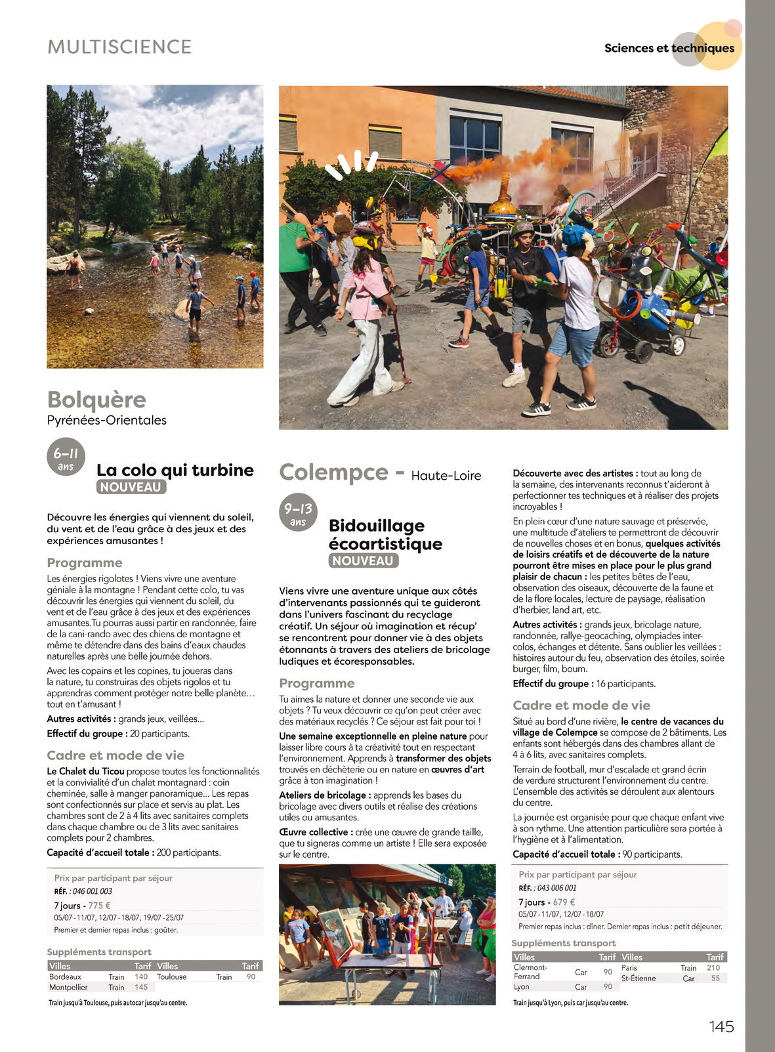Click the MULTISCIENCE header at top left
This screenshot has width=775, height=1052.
(x=119, y=47)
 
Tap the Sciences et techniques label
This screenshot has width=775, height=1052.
(x=669, y=48)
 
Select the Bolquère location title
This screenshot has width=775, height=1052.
(x=96, y=399)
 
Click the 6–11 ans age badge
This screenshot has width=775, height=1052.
(x=66, y=457)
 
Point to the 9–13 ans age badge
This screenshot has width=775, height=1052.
(x=298, y=512)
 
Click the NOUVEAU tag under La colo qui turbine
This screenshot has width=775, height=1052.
(x=131, y=487)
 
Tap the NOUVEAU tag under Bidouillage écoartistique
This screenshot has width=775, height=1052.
(x=363, y=561)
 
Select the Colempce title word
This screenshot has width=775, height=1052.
(x=333, y=473)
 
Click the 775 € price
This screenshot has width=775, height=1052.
(x=99, y=906)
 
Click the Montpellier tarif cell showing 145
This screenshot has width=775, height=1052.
(x=141, y=987)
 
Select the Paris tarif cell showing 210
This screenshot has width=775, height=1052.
(x=713, y=968)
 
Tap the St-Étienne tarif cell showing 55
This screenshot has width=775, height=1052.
(x=715, y=978)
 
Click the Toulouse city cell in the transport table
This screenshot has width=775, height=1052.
(x=172, y=977)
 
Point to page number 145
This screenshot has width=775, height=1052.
(x=721, y=1027)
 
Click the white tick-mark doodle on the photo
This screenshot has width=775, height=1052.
(x=350, y=165)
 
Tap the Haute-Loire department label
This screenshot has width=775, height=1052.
(x=446, y=476)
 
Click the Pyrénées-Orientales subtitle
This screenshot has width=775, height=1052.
(x=107, y=420)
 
